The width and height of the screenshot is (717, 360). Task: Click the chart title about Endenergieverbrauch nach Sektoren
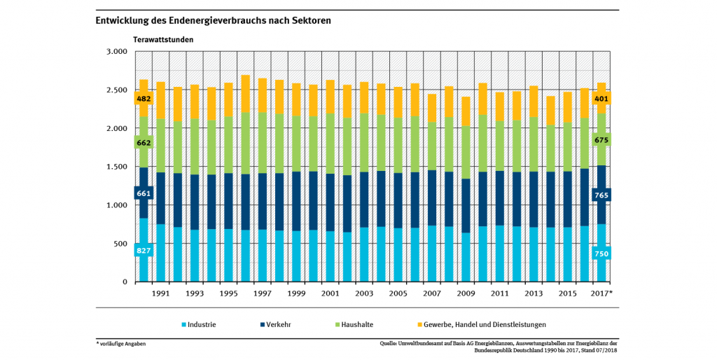[x=214, y=21]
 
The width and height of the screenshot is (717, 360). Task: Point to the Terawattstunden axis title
[x=163, y=39]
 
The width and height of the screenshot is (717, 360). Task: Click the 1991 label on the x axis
[x=160, y=293]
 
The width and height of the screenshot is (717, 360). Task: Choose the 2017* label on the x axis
[x=601, y=293]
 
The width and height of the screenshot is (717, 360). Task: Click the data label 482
[x=144, y=99]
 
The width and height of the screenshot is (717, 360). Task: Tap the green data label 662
[x=144, y=143]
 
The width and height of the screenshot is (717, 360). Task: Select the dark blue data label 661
[x=144, y=193]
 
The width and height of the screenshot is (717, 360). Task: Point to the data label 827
[x=144, y=250]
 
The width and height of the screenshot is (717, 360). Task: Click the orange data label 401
[x=601, y=99]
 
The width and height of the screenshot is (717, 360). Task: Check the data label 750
[x=601, y=254]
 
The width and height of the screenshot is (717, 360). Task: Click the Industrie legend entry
[x=199, y=324]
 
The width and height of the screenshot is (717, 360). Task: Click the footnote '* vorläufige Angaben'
[x=122, y=343]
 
